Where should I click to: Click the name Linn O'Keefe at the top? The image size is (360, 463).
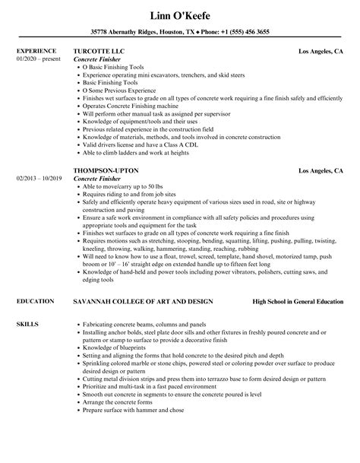tap(180, 14)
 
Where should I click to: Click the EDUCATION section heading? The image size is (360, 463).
tap(35, 281)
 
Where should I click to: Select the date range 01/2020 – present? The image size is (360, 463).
tap(37, 59)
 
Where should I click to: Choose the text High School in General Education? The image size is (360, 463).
tap(297, 281)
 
